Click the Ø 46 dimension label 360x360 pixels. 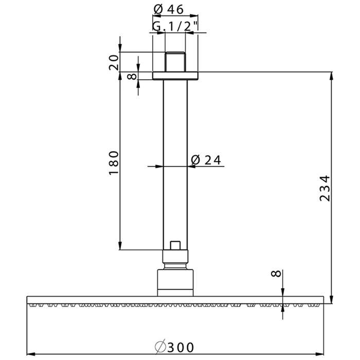click(x=169, y=9)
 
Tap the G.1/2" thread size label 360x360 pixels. click(x=175, y=27)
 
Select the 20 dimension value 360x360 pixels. click(x=114, y=63)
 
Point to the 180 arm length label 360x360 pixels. click(x=114, y=163)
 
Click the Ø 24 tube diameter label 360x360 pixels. click(x=205, y=160)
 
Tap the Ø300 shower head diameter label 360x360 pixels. click(x=174, y=347)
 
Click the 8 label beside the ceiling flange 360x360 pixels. click(x=132, y=76)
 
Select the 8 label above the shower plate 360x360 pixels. click(x=277, y=274)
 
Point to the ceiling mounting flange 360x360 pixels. click(x=175, y=76)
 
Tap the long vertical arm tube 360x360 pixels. click(x=175, y=165)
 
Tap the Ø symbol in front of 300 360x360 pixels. click(x=159, y=347)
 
